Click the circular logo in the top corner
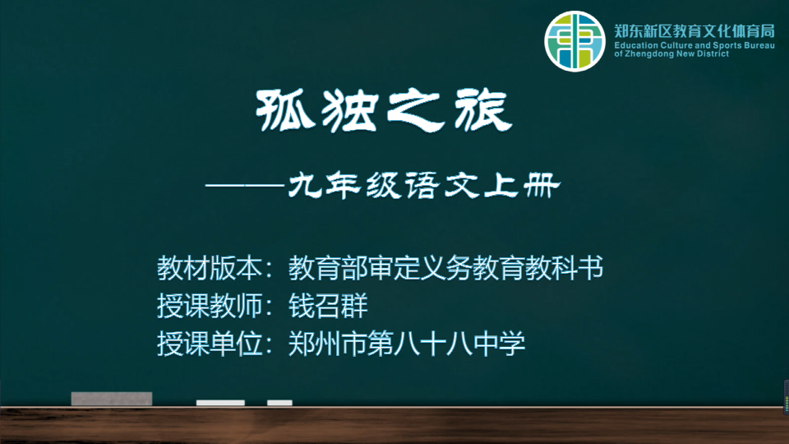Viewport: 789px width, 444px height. click(574, 41)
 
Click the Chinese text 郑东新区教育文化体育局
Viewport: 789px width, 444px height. click(694, 31)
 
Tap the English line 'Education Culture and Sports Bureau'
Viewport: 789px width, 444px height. click(694, 45)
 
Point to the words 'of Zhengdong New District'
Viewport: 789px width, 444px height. click(671, 54)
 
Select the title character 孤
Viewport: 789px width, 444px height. click(285, 110)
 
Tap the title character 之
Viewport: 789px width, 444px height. click(416, 111)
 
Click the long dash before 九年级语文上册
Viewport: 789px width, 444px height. click(245, 185)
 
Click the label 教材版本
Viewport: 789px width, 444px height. click(210, 268)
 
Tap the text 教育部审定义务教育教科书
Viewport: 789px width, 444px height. click(445, 268)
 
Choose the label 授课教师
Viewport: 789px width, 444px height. click(210, 306)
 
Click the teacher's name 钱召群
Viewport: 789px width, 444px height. click(328, 306)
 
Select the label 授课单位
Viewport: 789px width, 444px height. click(210, 344)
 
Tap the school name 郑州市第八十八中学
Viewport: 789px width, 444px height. click(407, 344)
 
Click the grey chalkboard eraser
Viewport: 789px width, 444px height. click(112, 399)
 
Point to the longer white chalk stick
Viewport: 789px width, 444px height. click(220, 403)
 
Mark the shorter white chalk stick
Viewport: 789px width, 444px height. click(279, 403)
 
